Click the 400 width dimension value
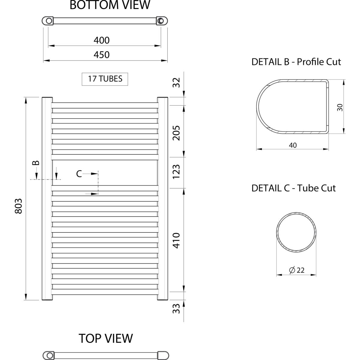pos(101,40)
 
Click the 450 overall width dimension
pos(101,55)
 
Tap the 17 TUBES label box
pos(105,79)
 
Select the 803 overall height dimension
pos(19,206)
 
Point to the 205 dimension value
pos(176,133)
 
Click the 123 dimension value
pos(176,172)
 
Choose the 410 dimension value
pos(176,240)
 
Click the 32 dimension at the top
pos(176,82)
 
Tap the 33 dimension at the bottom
pos(176,308)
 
